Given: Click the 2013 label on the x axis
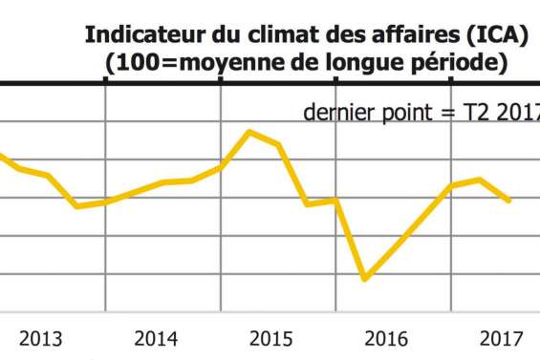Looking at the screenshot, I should [x=41, y=338].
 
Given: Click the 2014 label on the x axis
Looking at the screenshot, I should [x=157, y=338].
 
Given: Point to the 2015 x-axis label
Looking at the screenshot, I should [x=271, y=338].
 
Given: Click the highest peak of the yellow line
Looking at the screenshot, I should [x=250, y=131].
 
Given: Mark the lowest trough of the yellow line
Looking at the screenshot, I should [x=364, y=279].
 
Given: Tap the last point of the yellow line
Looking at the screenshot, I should [x=508, y=201].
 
